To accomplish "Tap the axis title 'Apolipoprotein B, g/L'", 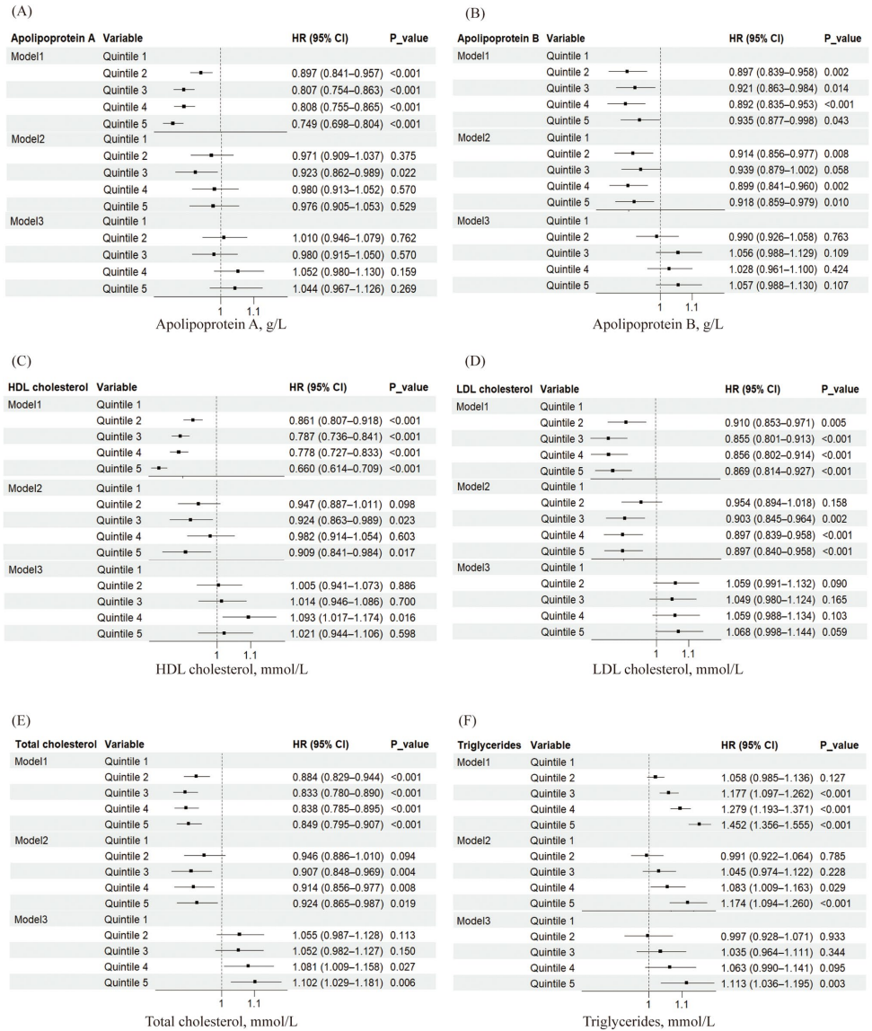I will [x=657, y=323].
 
